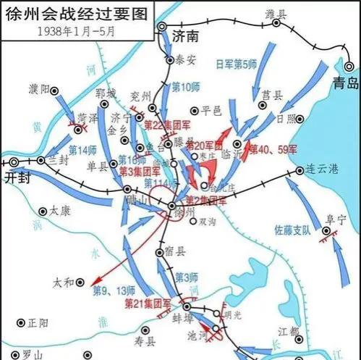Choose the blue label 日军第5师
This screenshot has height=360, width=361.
point(237,64)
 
